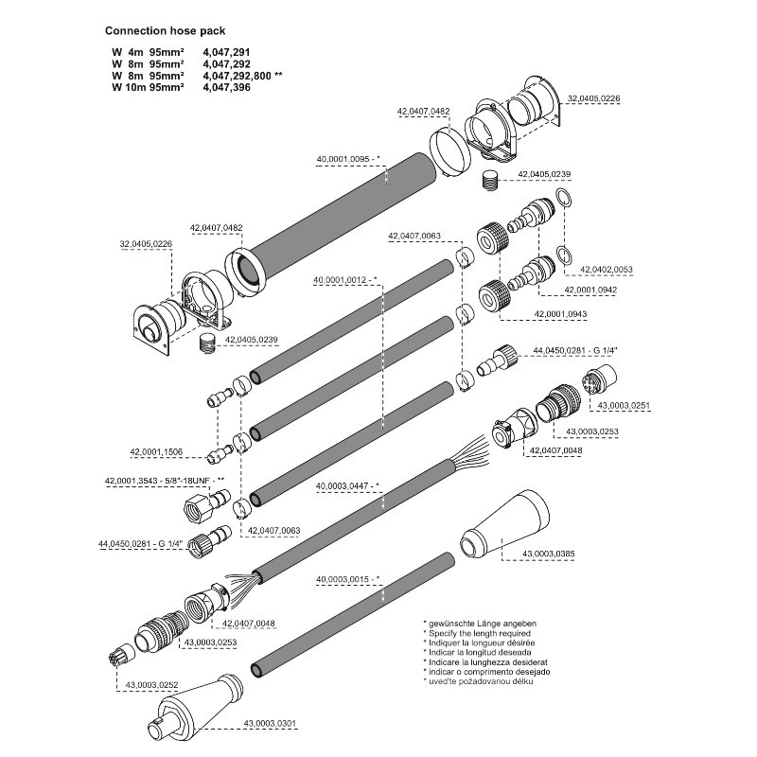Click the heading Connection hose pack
[165, 30]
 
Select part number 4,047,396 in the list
[228, 87]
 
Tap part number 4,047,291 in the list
[228, 50]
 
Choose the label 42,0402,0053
[606, 270]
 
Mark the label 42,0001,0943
[561, 313]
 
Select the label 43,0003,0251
[620, 406]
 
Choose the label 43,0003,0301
[270, 724]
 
